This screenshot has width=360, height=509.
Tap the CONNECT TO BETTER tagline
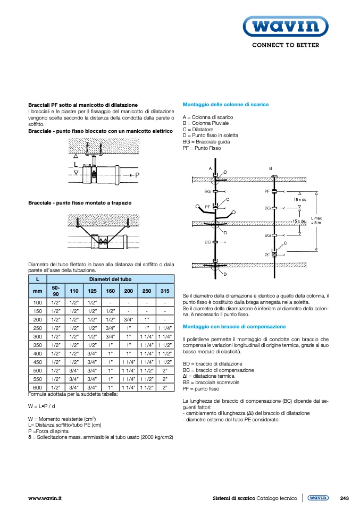[285, 46]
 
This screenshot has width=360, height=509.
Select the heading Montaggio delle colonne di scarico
[225, 105]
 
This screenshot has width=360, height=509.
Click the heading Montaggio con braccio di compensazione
[234, 326]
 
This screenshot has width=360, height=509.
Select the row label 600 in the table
[37, 388]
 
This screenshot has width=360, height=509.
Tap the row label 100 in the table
[37, 302]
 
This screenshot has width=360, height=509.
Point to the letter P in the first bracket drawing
[137, 175]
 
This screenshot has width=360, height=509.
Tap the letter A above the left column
[210, 168]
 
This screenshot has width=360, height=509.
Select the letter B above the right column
[270, 168]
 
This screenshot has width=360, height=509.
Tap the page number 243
[344, 498]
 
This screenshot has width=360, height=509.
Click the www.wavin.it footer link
[45, 498]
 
